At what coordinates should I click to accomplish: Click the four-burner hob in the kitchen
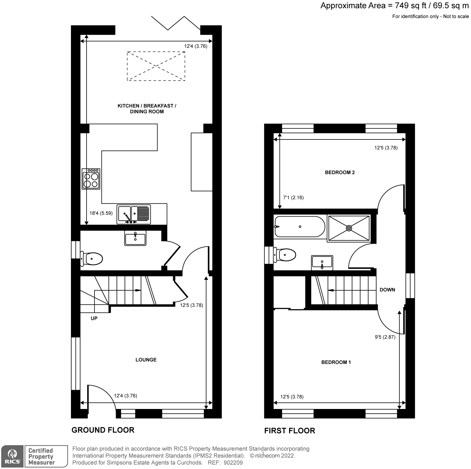(x=91, y=179)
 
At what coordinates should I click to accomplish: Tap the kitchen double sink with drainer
(x=134, y=214)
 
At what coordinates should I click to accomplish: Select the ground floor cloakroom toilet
(x=92, y=259)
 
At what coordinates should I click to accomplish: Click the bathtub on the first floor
(x=300, y=227)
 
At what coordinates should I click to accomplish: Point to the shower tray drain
(x=349, y=228)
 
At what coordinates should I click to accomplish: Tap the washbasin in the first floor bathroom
(x=322, y=262)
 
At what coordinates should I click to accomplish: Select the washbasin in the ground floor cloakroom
(x=135, y=238)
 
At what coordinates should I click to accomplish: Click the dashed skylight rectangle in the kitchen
(x=156, y=66)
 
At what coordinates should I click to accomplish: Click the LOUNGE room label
(x=146, y=360)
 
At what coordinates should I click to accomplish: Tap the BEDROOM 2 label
(x=340, y=172)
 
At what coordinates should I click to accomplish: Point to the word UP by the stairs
(x=94, y=318)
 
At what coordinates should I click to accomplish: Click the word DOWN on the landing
(x=387, y=290)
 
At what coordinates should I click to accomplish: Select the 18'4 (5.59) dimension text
(x=101, y=213)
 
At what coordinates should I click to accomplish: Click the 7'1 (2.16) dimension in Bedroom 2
(x=293, y=198)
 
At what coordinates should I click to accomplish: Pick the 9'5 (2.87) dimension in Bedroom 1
(x=385, y=337)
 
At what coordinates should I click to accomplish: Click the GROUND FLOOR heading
(x=103, y=430)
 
